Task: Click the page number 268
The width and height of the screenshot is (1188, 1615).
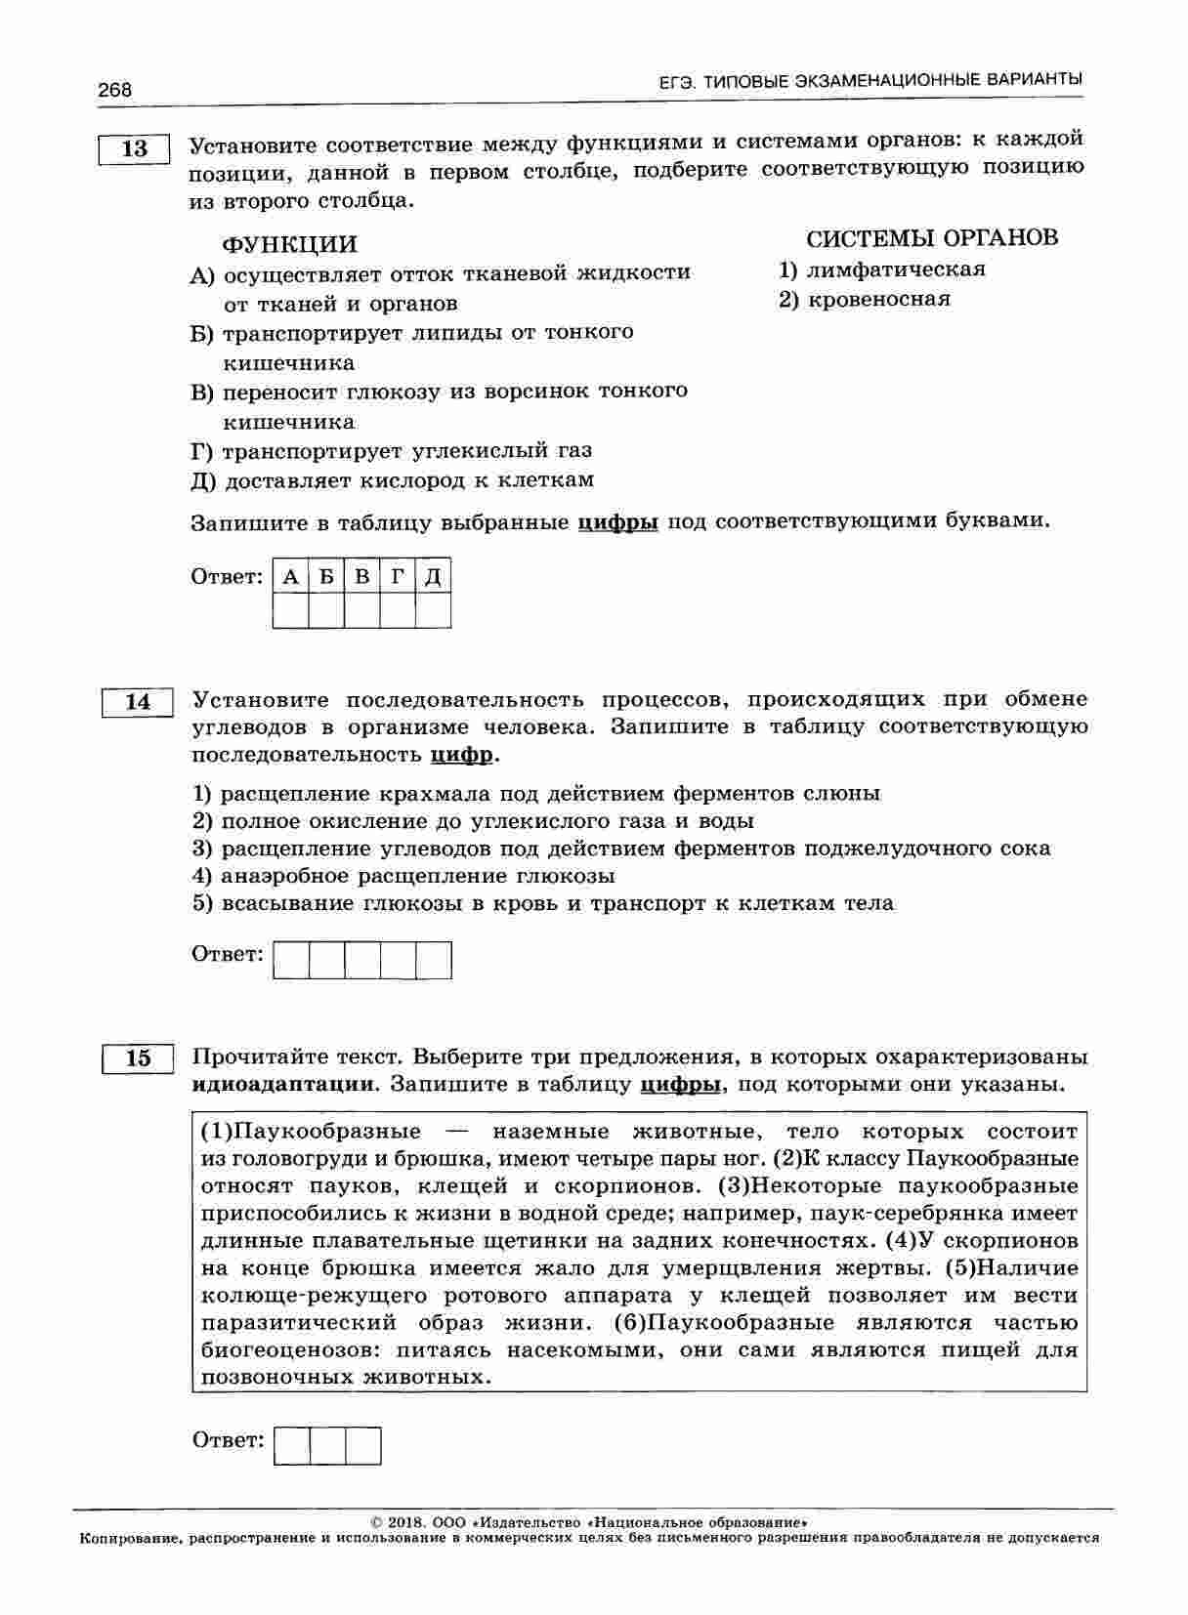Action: pyautogui.click(x=114, y=90)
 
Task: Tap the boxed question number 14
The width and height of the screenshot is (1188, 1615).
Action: pyautogui.click(x=138, y=702)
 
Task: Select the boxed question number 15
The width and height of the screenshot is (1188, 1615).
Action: pyautogui.click(x=138, y=1058)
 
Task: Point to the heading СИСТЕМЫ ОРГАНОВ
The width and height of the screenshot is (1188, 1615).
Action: pyautogui.click(x=931, y=238)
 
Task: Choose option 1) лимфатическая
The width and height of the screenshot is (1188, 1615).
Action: pyautogui.click(x=881, y=269)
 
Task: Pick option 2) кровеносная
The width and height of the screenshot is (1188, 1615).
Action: pyautogui.click(x=864, y=299)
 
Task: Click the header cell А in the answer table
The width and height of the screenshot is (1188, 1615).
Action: pyautogui.click(x=290, y=577)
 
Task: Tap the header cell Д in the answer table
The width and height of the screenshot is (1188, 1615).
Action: pyautogui.click(x=433, y=577)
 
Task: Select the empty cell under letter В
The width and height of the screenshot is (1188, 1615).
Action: pyautogui.click(x=361, y=610)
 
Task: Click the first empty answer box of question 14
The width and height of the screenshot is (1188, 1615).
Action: pyautogui.click(x=291, y=960)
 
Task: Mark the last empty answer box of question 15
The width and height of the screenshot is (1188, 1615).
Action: pyautogui.click(x=362, y=1445)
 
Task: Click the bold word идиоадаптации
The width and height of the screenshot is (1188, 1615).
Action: pyautogui.click(x=283, y=1084)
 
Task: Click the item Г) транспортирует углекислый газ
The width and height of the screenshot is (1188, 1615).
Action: pyautogui.click(x=391, y=451)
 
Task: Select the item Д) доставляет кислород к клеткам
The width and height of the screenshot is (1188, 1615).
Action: pyautogui.click(x=392, y=480)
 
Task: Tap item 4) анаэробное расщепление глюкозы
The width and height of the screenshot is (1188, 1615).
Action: pyautogui.click(x=403, y=876)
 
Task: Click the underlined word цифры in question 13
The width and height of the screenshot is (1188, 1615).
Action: pyautogui.click(x=617, y=521)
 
